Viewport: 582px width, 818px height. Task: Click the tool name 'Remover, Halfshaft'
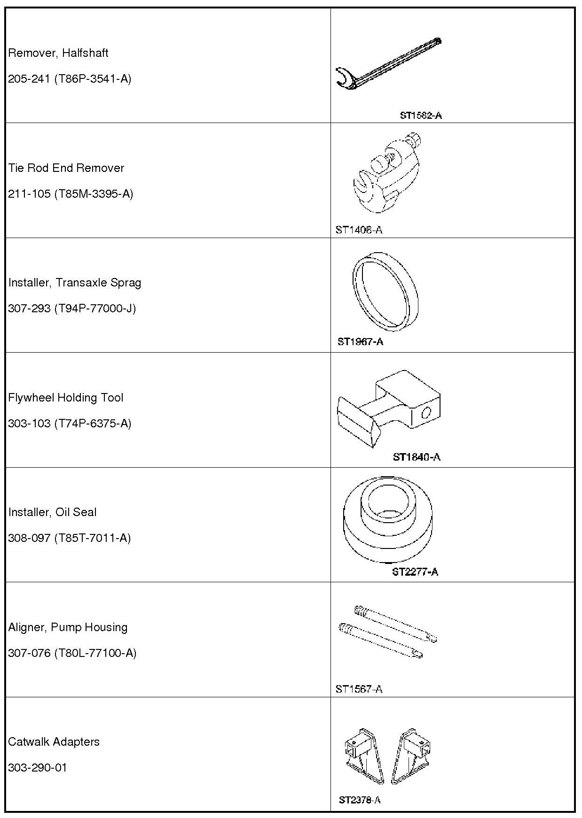[x=58, y=53]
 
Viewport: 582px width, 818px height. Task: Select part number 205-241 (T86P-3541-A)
[x=70, y=79]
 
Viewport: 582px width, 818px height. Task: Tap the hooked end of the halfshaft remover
[x=345, y=78]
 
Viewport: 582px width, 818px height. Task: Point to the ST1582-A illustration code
[x=420, y=116]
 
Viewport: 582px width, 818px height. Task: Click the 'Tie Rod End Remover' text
[x=66, y=168]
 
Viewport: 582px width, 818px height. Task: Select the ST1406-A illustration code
[x=359, y=230]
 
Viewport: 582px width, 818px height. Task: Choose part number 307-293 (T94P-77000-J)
[x=72, y=309]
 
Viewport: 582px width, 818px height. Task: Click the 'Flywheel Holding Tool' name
[x=66, y=398]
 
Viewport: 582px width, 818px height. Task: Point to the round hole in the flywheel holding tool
[x=426, y=413]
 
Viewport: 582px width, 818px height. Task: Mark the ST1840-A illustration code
[x=417, y=457]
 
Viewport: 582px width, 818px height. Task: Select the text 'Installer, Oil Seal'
[x=52, y=512]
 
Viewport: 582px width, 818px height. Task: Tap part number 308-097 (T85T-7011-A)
[x=69, y=538]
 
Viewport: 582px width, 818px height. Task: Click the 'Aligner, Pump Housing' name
[x=68, y=627]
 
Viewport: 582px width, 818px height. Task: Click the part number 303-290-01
[x=38, y=768]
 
